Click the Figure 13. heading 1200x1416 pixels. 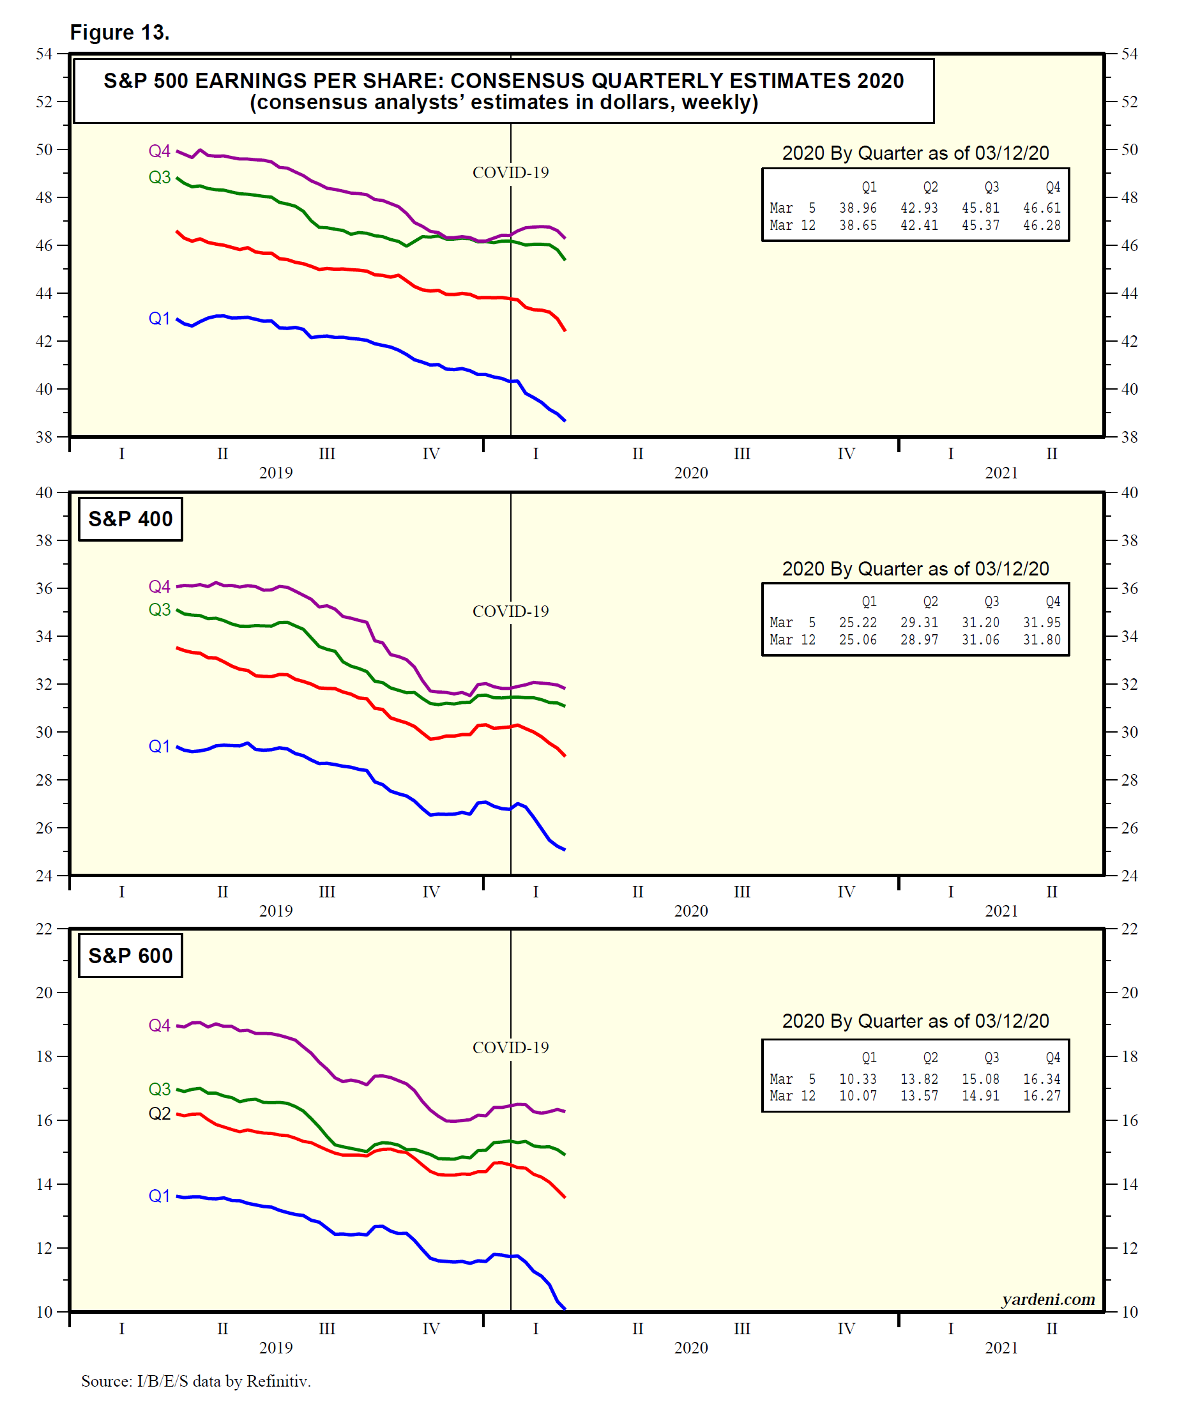[119, 32]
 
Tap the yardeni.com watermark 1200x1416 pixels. [1048, 1300]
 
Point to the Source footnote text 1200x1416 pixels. [196, 1382]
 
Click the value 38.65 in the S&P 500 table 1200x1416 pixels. [858, 225]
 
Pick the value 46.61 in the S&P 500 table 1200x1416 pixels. [1042, 208]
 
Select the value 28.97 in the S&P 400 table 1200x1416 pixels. [919, 639]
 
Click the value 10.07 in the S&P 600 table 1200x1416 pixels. [858, 1095]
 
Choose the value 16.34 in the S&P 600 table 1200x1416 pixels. [1042, 1079]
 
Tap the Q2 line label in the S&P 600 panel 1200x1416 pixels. [160, 1114]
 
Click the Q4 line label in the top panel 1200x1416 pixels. [160, 151]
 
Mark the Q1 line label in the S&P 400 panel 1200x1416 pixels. [160, 747]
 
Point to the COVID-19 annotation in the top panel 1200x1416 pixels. [510, 173]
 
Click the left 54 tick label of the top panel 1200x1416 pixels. [44, 54]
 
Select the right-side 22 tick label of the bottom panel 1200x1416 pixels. [1129, 929]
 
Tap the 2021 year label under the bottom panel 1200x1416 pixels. [1001, 1348]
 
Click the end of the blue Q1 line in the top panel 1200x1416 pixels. [565, 420]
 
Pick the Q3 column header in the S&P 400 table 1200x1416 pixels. [992, 602]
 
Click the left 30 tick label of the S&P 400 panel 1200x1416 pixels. [44, 732]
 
